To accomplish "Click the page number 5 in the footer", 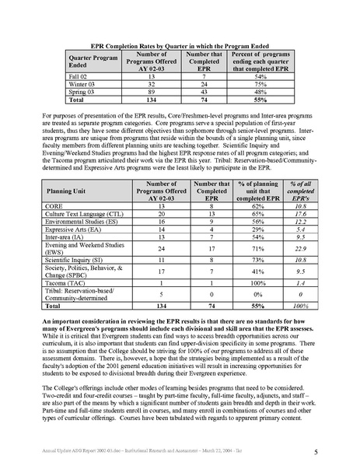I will coord(325,450).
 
